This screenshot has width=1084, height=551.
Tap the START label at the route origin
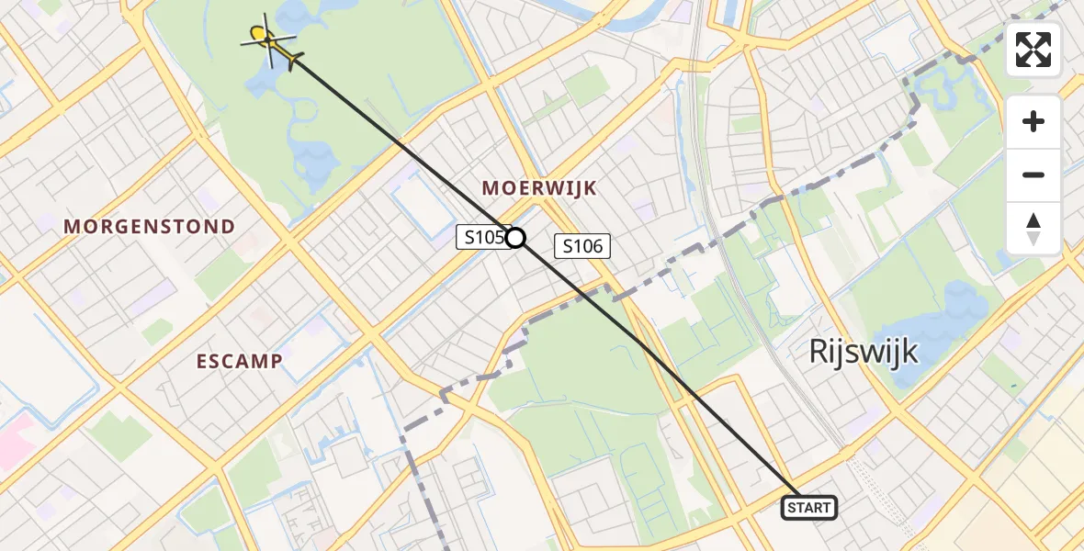point(808,508)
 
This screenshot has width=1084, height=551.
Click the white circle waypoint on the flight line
point(516,238)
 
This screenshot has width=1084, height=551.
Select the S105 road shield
point(482,238)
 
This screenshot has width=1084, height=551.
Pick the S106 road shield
point(582,246)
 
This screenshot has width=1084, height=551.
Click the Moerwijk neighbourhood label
point(539,188)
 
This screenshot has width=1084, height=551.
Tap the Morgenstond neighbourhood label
point(149,226)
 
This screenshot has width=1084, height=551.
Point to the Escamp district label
point(239,361)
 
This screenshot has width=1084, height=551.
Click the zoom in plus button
point(1033,121)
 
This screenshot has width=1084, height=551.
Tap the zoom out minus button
point(1033,174)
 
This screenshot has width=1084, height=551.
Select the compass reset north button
point(1033,228)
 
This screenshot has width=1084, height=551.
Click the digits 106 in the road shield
point(588,246)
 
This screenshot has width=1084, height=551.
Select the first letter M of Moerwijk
point(490,188)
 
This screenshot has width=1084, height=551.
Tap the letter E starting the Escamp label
point(202,361)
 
